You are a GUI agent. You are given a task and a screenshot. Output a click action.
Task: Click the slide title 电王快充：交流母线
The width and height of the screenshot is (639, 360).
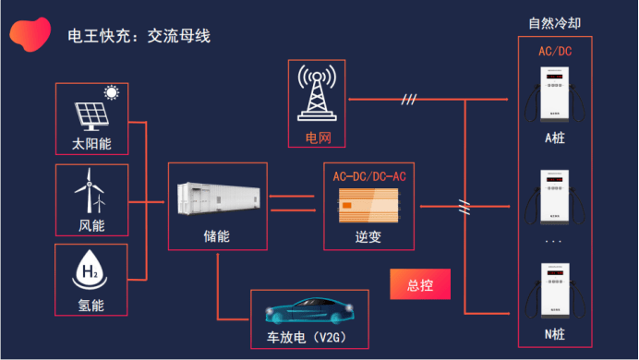click(x=139, y=37)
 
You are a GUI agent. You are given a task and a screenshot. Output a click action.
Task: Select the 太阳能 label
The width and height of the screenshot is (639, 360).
click(x=91, y=145)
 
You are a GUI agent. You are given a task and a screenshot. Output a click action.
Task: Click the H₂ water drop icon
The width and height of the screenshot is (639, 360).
click(x=91, y=270)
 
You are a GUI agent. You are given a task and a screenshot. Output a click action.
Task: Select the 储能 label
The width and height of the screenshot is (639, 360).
click(x=216, y=236)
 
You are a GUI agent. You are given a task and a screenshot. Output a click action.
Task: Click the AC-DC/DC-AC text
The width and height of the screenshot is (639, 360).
click(x=369, y=175)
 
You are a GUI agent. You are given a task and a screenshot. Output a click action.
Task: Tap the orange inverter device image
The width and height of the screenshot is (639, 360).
click(x=369, y=204)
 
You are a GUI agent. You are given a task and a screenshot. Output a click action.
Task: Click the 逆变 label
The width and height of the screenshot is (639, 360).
click(x=368, y=236)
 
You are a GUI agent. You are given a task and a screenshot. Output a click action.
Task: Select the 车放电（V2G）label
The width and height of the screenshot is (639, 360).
click(x=309, y=337)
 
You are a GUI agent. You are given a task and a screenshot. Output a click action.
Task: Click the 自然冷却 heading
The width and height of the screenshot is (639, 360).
click(x=555, y=23)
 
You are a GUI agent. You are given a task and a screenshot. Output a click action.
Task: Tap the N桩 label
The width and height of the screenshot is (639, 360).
click(x=554, y=334)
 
